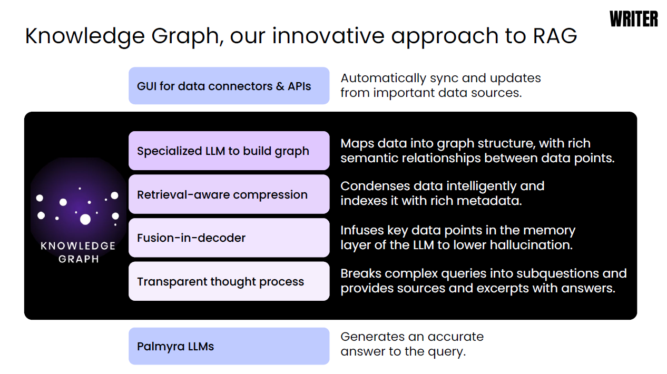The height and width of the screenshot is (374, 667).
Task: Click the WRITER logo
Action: tap(634, 19)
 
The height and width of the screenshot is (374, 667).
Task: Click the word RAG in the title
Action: tap(555, 36)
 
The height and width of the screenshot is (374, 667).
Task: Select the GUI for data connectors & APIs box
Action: tap(229, 86)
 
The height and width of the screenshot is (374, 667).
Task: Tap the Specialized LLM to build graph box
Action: tap(229, 151)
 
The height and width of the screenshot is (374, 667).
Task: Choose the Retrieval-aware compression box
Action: tap(229, 194)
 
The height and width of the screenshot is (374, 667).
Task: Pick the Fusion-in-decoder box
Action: tap(229, 238)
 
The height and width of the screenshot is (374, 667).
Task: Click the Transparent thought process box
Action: tap(229, 281)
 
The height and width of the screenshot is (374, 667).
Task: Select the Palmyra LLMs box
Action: tap(229, 346)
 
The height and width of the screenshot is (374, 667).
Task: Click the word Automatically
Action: tap(384, 78)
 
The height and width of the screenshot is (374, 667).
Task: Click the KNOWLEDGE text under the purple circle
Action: tap(78, 246)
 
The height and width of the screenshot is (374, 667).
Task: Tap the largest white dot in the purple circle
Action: tap(85, 220)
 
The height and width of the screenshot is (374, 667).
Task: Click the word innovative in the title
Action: tap(328, 36)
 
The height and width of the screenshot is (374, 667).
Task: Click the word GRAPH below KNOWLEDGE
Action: tap(79, 259)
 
